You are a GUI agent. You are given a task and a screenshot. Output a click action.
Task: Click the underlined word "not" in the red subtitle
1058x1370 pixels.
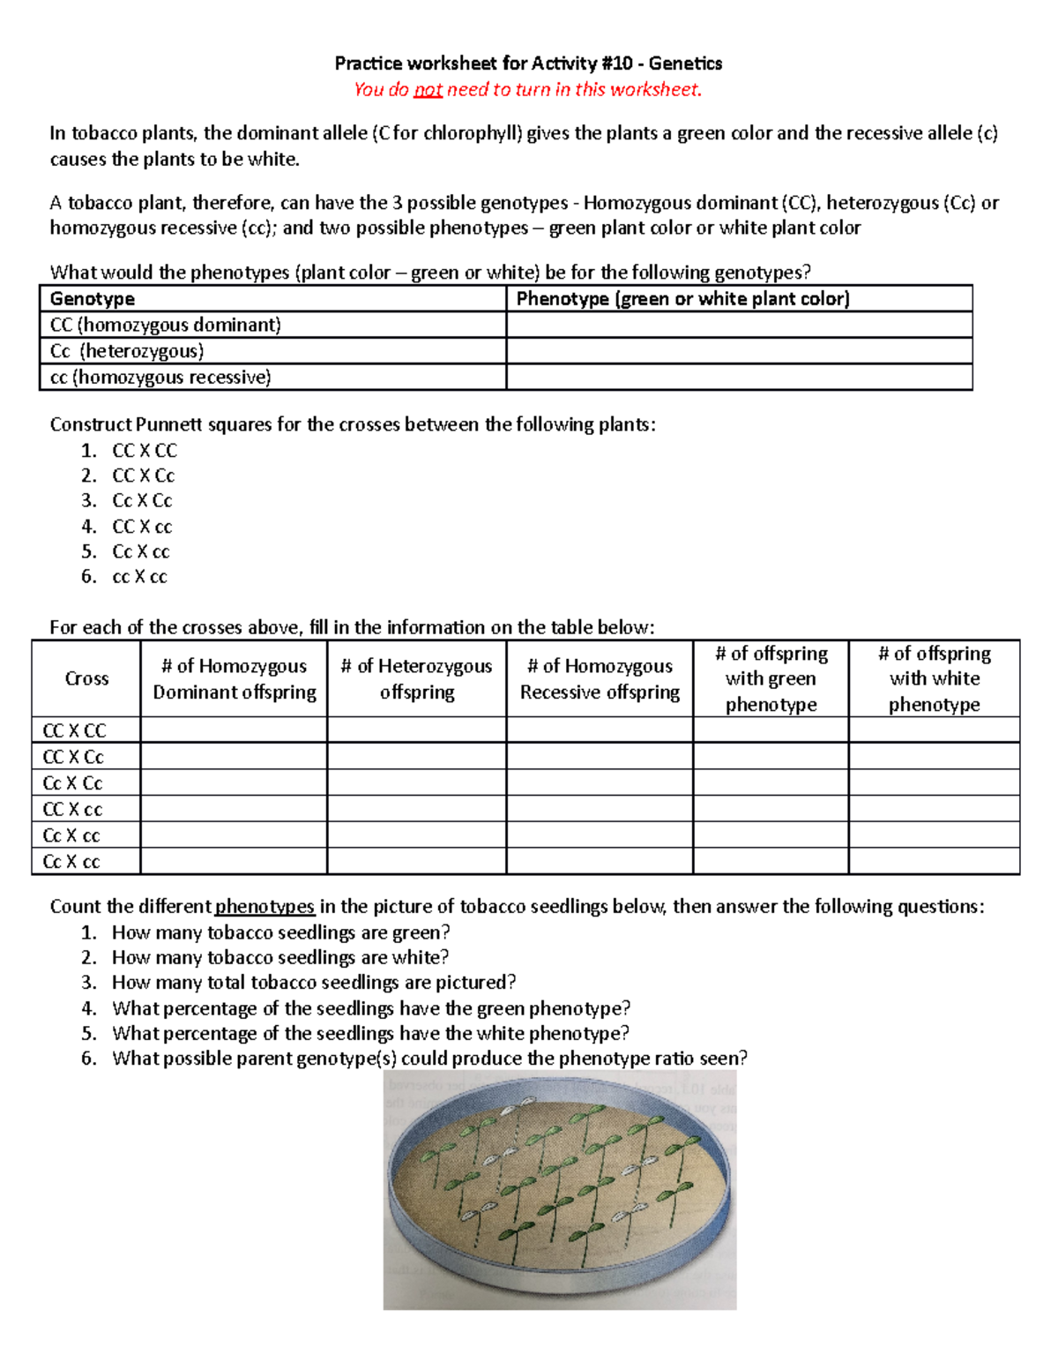(428, 90)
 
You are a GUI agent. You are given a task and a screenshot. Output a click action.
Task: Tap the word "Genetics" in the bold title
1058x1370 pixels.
(685, 64)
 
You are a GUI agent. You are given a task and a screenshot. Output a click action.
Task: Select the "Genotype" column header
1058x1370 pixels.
(93, 299)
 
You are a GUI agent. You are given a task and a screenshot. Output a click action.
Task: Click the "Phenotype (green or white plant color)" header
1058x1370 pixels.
(682, 299)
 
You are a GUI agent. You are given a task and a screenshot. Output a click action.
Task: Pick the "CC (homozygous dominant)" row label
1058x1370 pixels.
(166, 325)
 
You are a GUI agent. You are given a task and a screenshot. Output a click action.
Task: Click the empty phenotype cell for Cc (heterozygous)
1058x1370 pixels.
(739, 351)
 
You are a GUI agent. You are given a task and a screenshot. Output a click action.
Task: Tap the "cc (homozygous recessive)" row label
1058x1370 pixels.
(160, 378)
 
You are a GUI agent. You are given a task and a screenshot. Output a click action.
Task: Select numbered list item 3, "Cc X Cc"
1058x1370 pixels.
(142, 501)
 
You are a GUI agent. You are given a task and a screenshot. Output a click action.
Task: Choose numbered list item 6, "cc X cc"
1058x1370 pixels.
(139, 577)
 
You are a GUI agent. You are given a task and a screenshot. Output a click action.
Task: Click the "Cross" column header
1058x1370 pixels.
(86, 678)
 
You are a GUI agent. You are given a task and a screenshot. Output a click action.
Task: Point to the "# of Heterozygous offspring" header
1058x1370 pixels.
(416, 678)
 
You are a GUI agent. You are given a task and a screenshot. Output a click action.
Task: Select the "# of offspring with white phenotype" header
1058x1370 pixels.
(934, 678)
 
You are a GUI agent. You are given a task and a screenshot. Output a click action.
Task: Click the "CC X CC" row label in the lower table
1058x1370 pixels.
(74, 730)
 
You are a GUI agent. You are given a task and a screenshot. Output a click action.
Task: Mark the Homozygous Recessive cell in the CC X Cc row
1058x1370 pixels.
(600, 757)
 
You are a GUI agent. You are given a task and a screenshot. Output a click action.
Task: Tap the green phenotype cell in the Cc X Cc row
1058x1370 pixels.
(771, 783)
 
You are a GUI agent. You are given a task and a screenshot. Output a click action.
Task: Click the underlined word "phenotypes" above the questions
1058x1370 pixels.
(264, 907)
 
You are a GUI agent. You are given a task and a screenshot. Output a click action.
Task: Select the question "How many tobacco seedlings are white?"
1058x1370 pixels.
(280, 957)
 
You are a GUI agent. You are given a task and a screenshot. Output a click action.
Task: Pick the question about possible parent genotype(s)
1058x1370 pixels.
(429, 1059)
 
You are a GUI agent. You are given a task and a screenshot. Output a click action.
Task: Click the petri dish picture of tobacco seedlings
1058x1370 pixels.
(560, 1191)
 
